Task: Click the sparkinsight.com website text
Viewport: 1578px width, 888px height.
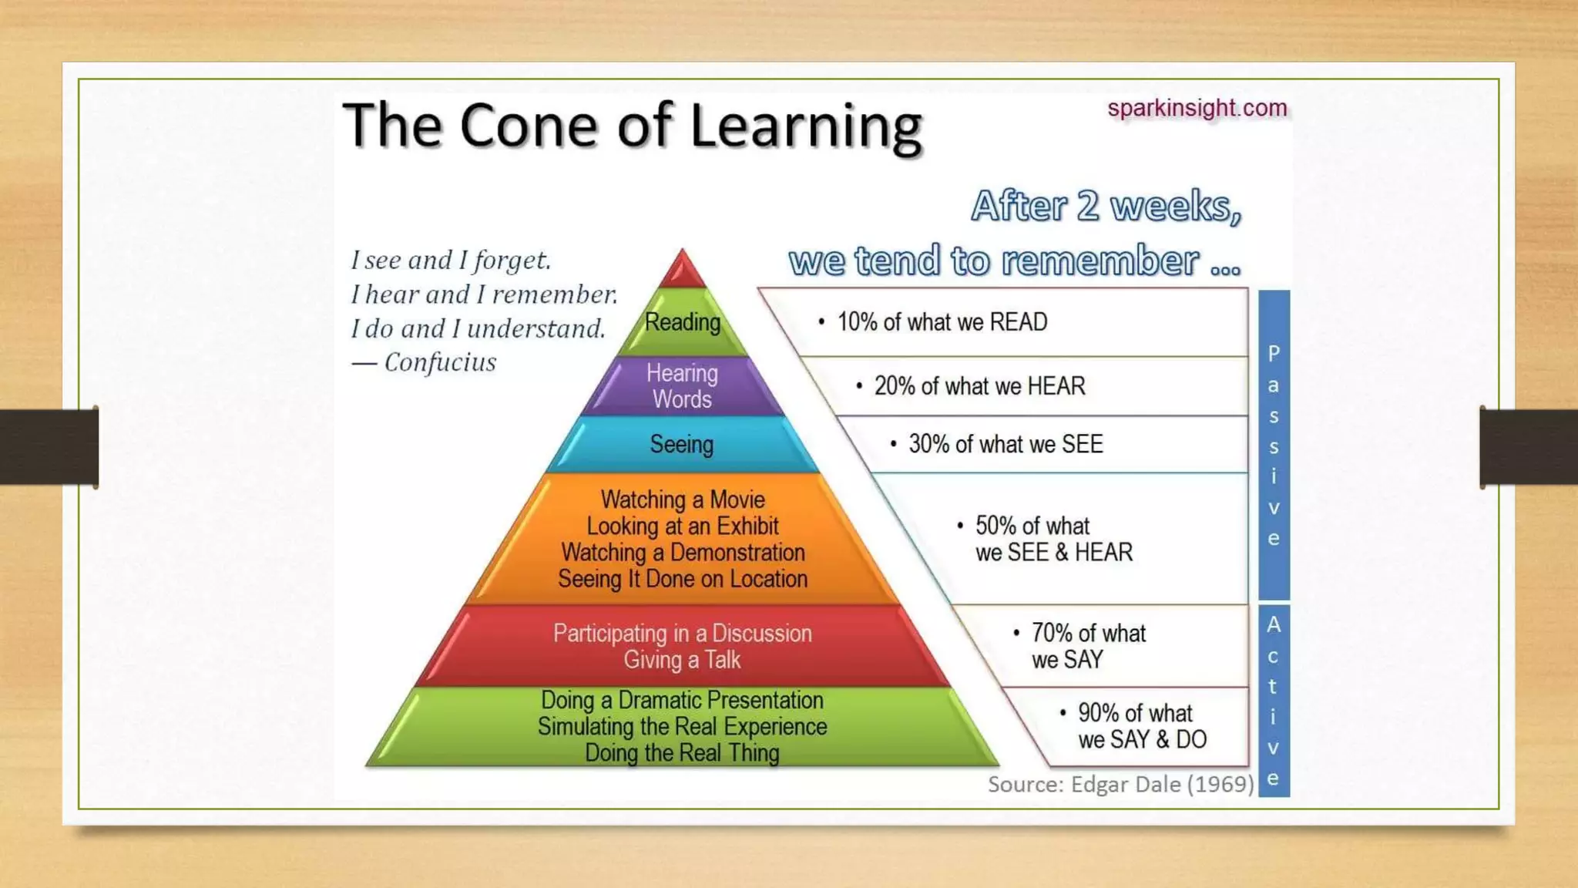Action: pos(1197,108)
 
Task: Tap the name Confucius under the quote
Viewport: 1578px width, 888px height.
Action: pos(440,362)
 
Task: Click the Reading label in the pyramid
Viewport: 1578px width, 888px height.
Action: pos(682,322)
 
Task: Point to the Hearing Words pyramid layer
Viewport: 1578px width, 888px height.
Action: pos(682,386)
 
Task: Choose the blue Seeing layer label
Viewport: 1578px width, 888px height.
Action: pos(682,444)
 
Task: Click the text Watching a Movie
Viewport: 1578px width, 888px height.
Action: pos(683,499)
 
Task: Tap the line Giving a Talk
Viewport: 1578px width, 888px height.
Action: pos(682,660)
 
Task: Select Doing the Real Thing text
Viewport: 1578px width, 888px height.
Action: pos(682,752)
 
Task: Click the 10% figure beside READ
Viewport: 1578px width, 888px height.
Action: pos(857,322)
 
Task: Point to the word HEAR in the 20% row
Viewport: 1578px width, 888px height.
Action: pos(1056,386)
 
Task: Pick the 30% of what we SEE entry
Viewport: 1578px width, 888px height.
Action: pos(1006,444)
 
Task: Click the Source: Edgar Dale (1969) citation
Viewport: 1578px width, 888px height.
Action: pos(1120,784)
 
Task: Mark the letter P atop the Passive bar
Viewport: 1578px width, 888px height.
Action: pos(1274,354)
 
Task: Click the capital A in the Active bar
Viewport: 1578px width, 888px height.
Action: pos(1274,624)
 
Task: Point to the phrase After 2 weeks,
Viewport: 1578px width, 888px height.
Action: pos(1106,207)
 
